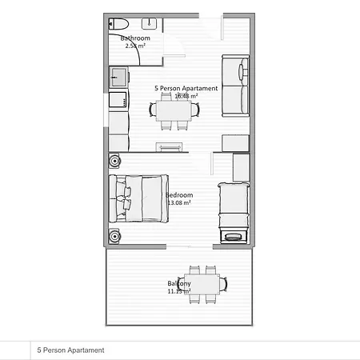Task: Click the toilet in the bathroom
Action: click(x=117, y=23)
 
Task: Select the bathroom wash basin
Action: click(x=150, y=23)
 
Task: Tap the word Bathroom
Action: click(x=135, y=38)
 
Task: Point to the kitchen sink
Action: click(x=118, y=78)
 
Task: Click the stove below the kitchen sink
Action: click(x=118, y=100)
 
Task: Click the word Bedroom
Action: click(x=179, y=195)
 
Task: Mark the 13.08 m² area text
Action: click(x=179, y=203)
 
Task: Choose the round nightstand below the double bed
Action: click(x=114, y=236)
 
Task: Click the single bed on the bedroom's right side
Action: click(x=232, y=206)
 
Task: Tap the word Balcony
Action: click(x=178, y=284)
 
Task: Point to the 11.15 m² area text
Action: click(x=178, y=292)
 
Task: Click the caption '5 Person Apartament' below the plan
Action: click(x=70, y=350)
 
